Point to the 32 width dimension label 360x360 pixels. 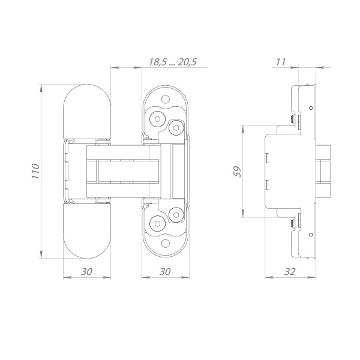point(290,272)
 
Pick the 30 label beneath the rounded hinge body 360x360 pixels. point(86,272)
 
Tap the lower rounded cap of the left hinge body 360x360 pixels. point(87,231)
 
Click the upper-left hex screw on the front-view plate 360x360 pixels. point(157,119)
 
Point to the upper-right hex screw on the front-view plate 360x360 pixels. point(176,127)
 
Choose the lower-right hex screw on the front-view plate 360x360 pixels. point(176,214)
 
